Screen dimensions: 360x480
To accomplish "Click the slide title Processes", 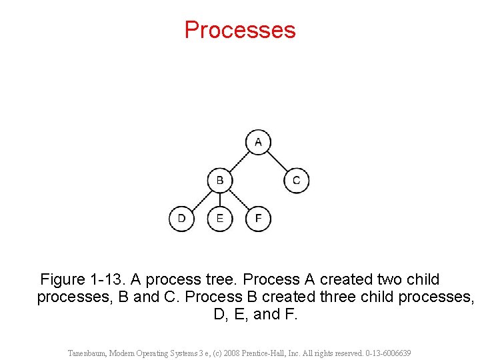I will [x=240, y=30].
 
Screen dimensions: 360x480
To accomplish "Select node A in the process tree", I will [x=258, y=142].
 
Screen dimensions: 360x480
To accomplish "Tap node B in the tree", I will [x=220, y=180].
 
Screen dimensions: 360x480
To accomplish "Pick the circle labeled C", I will [x=296, y=180].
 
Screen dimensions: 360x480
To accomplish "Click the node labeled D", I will [x=181, y=218].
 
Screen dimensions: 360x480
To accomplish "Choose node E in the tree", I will [x=220, y=218].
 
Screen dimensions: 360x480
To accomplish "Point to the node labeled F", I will [x=258, y=218].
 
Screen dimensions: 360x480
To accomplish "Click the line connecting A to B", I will [x=239, y=161].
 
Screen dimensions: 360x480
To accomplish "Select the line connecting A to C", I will [x=277, y=161].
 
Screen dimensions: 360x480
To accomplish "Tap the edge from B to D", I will [x=201, y=199].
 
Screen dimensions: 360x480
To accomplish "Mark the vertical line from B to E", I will [x=220, y=199].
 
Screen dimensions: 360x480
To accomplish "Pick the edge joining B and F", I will [x=239, y=199].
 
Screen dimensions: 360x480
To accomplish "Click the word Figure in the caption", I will [x=63, y=279].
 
